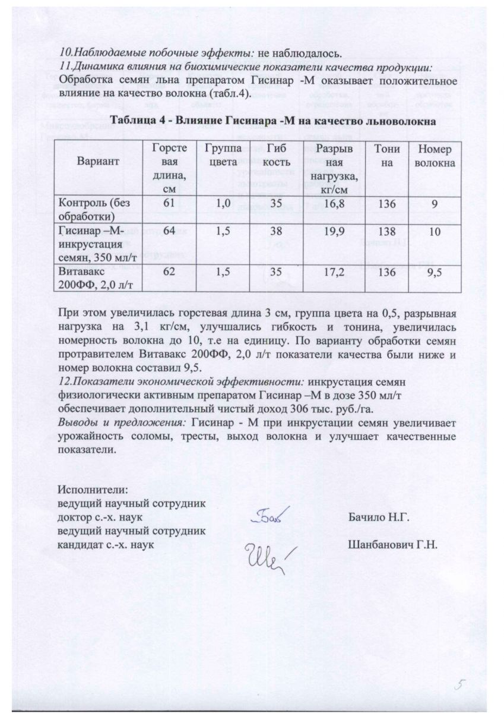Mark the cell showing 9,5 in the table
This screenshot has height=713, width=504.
coord(435,272)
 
